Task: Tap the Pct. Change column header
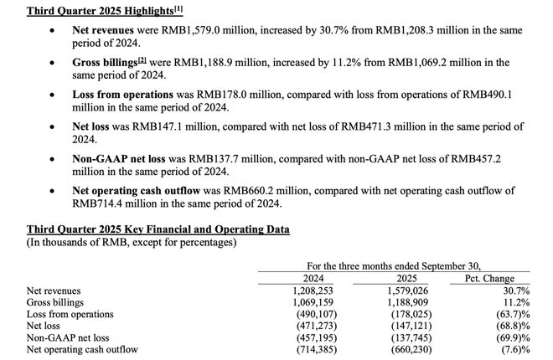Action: click(488, 279)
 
